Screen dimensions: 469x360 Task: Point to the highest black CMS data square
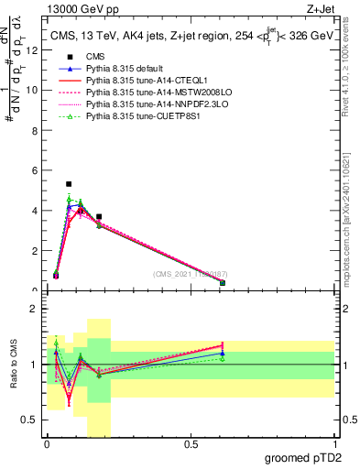click(69, 184)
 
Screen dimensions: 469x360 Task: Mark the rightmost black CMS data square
click(223, 283)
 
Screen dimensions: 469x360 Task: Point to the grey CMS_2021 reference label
click(191, 274)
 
